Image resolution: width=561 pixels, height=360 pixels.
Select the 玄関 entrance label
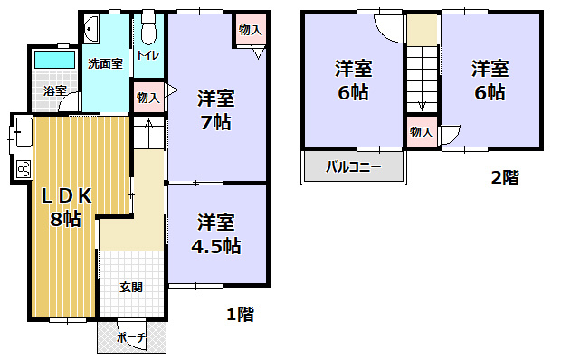(x=131, y=288)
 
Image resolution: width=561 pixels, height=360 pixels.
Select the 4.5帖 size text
(x=217, y=245)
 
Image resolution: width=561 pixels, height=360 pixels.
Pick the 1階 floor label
(x=239, y=315)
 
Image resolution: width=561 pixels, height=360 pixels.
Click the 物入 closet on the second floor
(x=421, y=132)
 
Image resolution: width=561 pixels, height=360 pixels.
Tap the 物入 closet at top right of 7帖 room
(x=251, y=31)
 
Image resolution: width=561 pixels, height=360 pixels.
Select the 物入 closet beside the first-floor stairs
(x=147, y=97)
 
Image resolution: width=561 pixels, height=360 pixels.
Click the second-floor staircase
(x=422, y=77)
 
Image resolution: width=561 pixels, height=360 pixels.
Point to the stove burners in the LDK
(x=23, y=167)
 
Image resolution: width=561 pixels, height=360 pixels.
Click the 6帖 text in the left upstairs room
(x=354, y=91)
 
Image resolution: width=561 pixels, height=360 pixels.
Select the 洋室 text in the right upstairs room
(x=489, y=68)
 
